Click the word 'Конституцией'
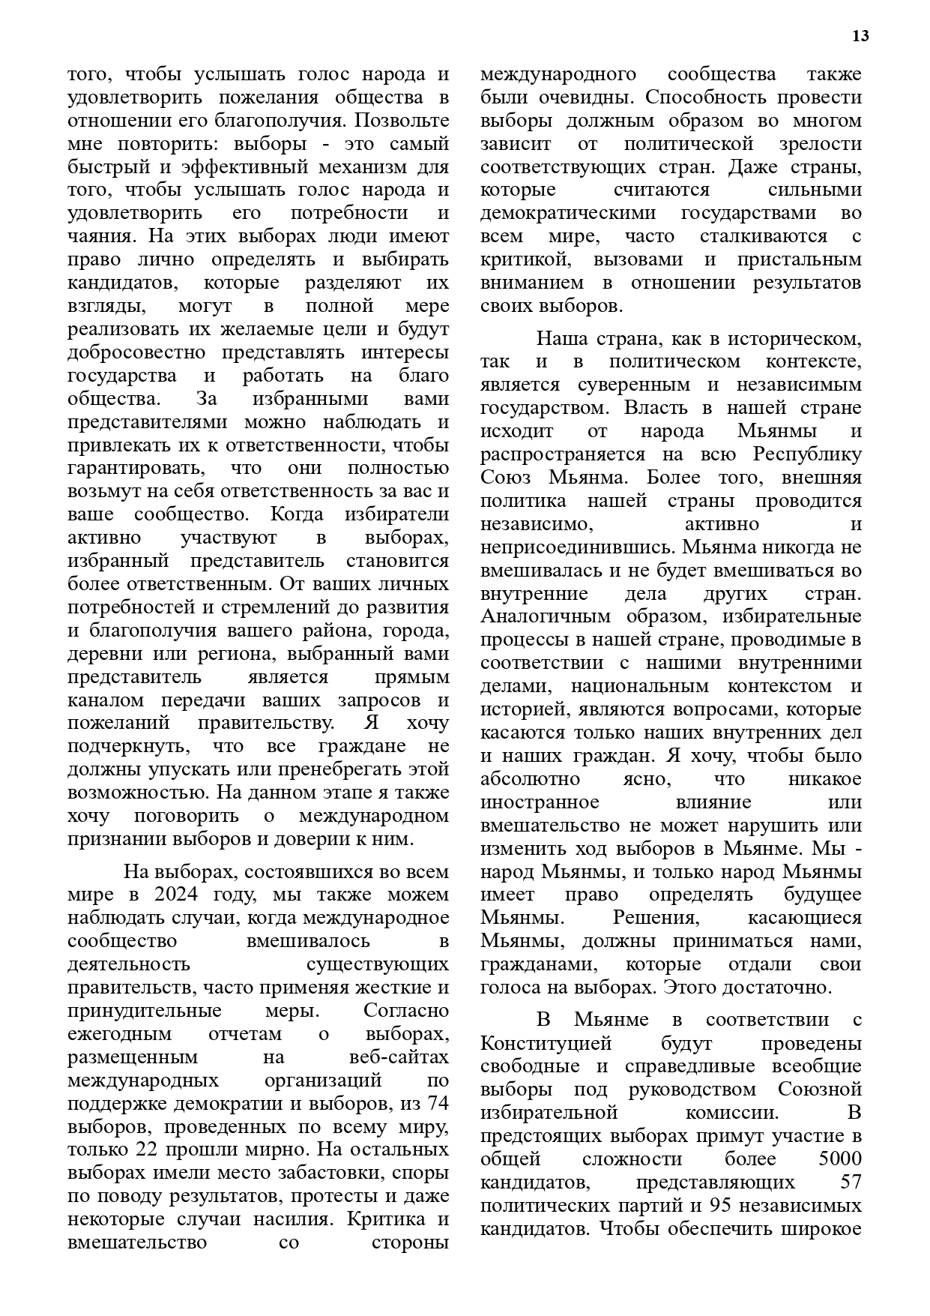(546, 1043)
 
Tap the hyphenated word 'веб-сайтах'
(399, 1057)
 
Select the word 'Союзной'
(820, 1090)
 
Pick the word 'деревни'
(103, 654)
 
